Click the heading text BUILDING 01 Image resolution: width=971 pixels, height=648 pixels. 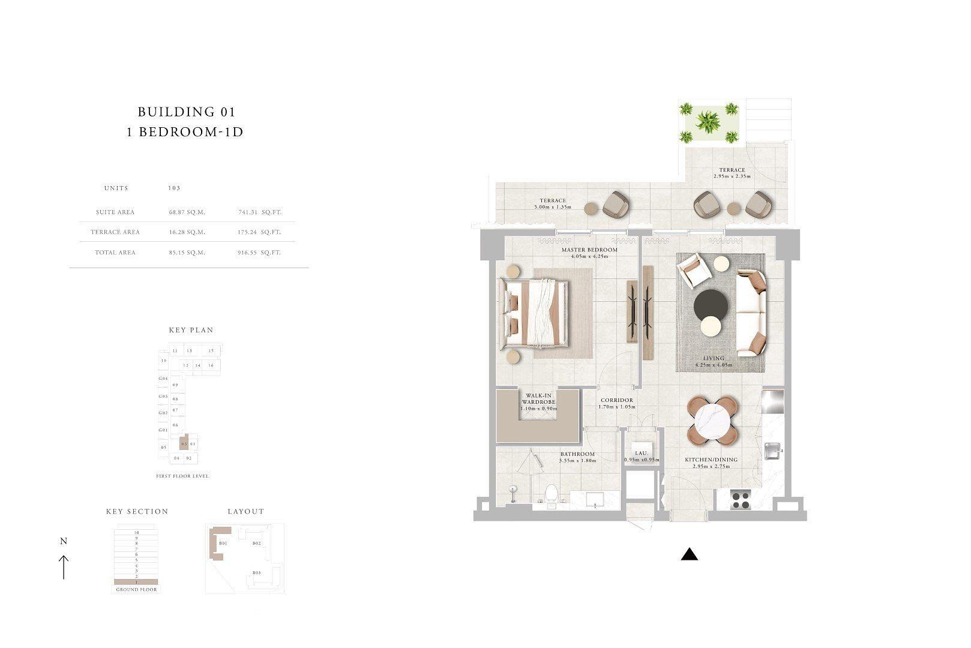(186, 112)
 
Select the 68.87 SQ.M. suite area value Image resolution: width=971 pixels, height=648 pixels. (187, 212)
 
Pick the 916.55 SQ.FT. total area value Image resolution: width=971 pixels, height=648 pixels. (259, 253)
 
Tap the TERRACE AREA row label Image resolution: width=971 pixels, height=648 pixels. (115, 232)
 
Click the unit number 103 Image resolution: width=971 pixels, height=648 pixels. (174, 188)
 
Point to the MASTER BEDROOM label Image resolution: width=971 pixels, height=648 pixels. (589, 250)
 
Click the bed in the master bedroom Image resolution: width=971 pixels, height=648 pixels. (537, 315)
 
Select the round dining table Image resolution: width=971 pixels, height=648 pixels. (713, 420)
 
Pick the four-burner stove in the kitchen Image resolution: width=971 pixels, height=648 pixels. (741, 500)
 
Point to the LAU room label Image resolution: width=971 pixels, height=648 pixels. (640, 454)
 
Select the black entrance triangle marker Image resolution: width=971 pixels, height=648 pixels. (690, 554)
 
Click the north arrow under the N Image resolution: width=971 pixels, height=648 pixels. (64, 567)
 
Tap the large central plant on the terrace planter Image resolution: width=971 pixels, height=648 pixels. (708, 122)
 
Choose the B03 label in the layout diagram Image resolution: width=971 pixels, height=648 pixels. (256, 573)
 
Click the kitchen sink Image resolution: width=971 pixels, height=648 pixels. (773, 448)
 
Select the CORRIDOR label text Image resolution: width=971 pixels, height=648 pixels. (616, 400)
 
